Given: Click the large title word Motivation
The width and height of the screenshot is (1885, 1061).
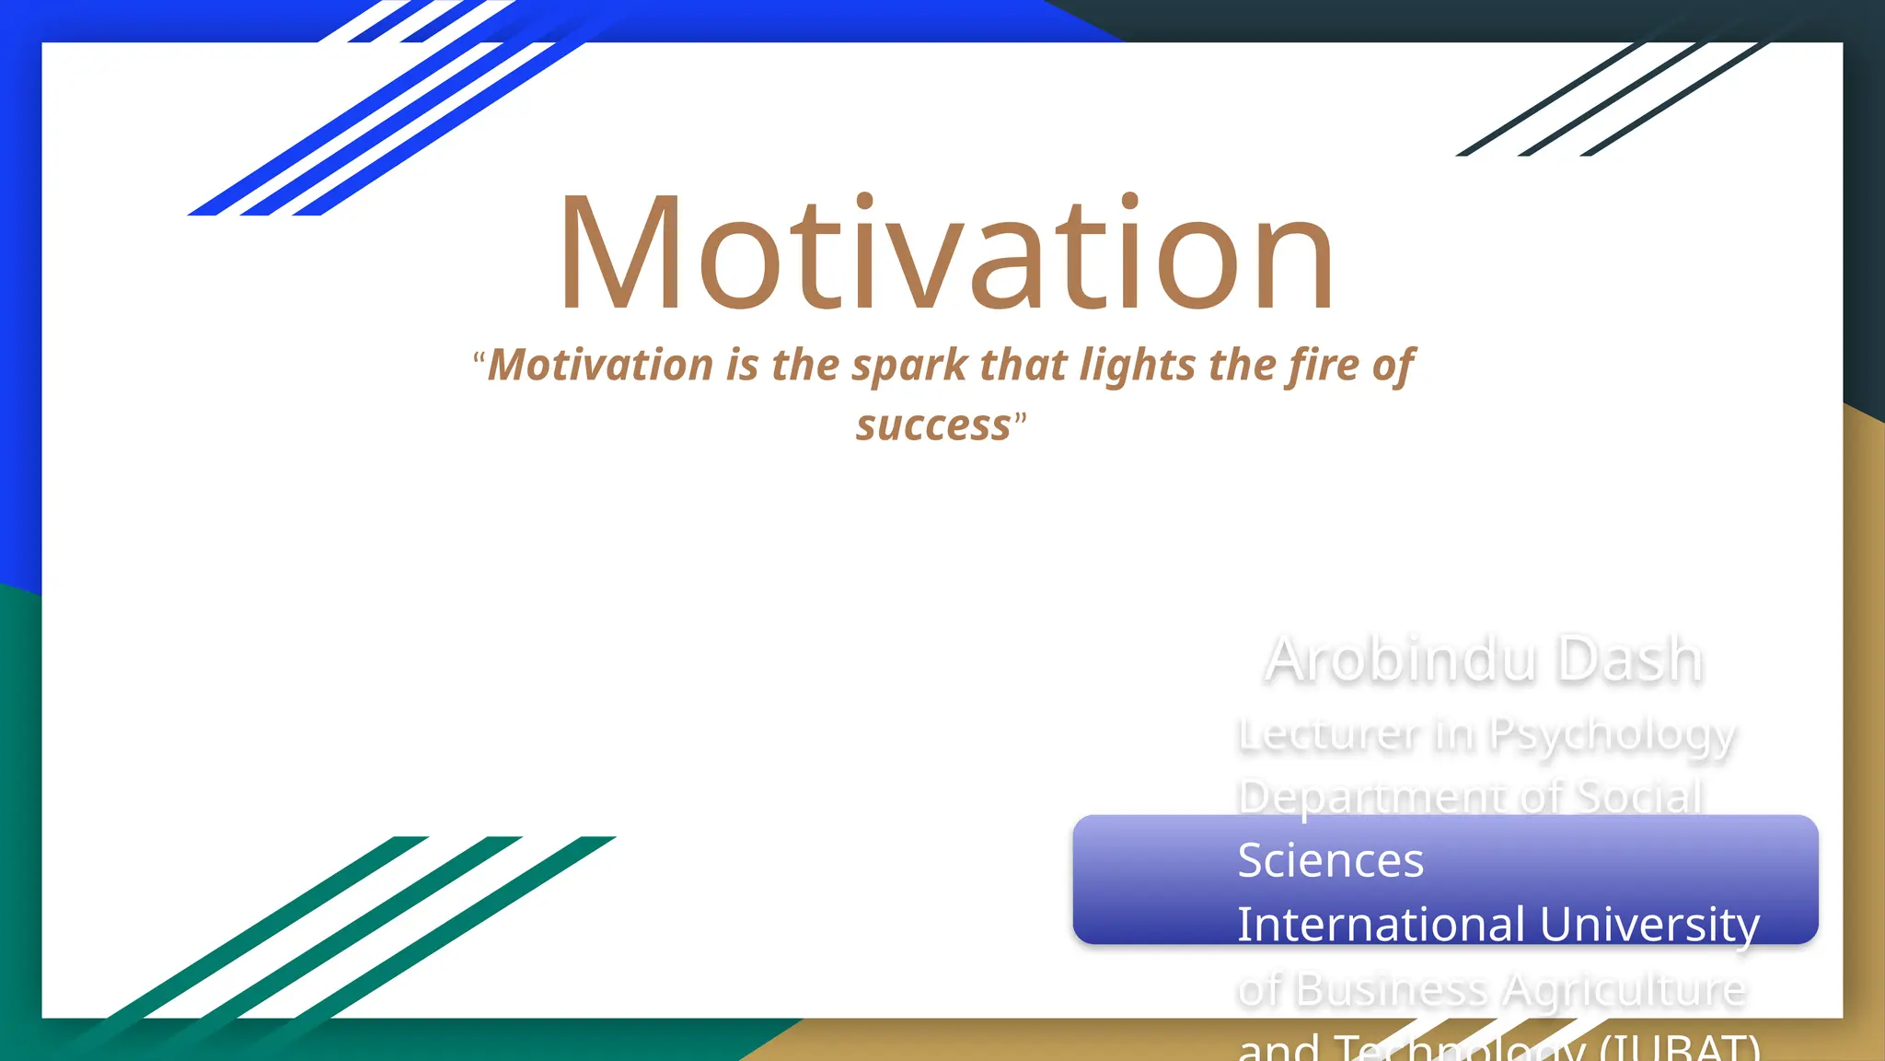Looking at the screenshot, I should (x=946, y=253).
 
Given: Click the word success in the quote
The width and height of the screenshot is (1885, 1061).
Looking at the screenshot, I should (x=933, y=426).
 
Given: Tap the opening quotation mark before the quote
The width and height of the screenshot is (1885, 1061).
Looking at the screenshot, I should (x=479, y=358).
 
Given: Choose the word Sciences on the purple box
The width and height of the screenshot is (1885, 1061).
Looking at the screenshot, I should (x=1330, y=860).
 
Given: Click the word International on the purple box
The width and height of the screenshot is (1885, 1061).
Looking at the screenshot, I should (x=1381, y=924).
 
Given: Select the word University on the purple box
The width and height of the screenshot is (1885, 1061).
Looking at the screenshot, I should (x=1649, y=925).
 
